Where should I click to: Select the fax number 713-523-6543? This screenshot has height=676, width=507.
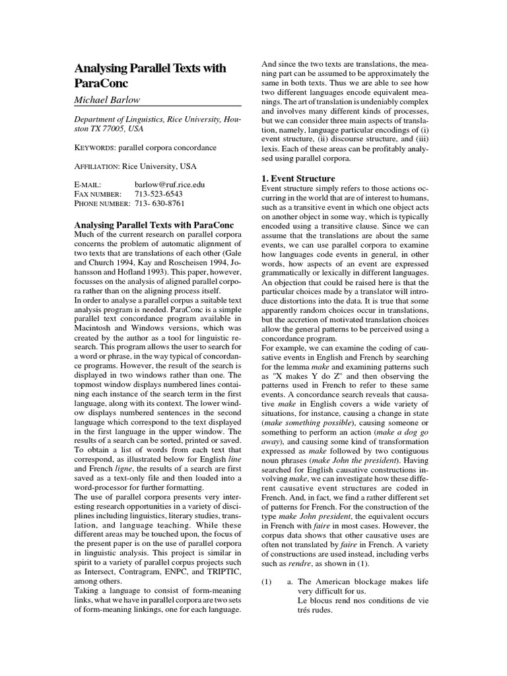coord(158,195)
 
